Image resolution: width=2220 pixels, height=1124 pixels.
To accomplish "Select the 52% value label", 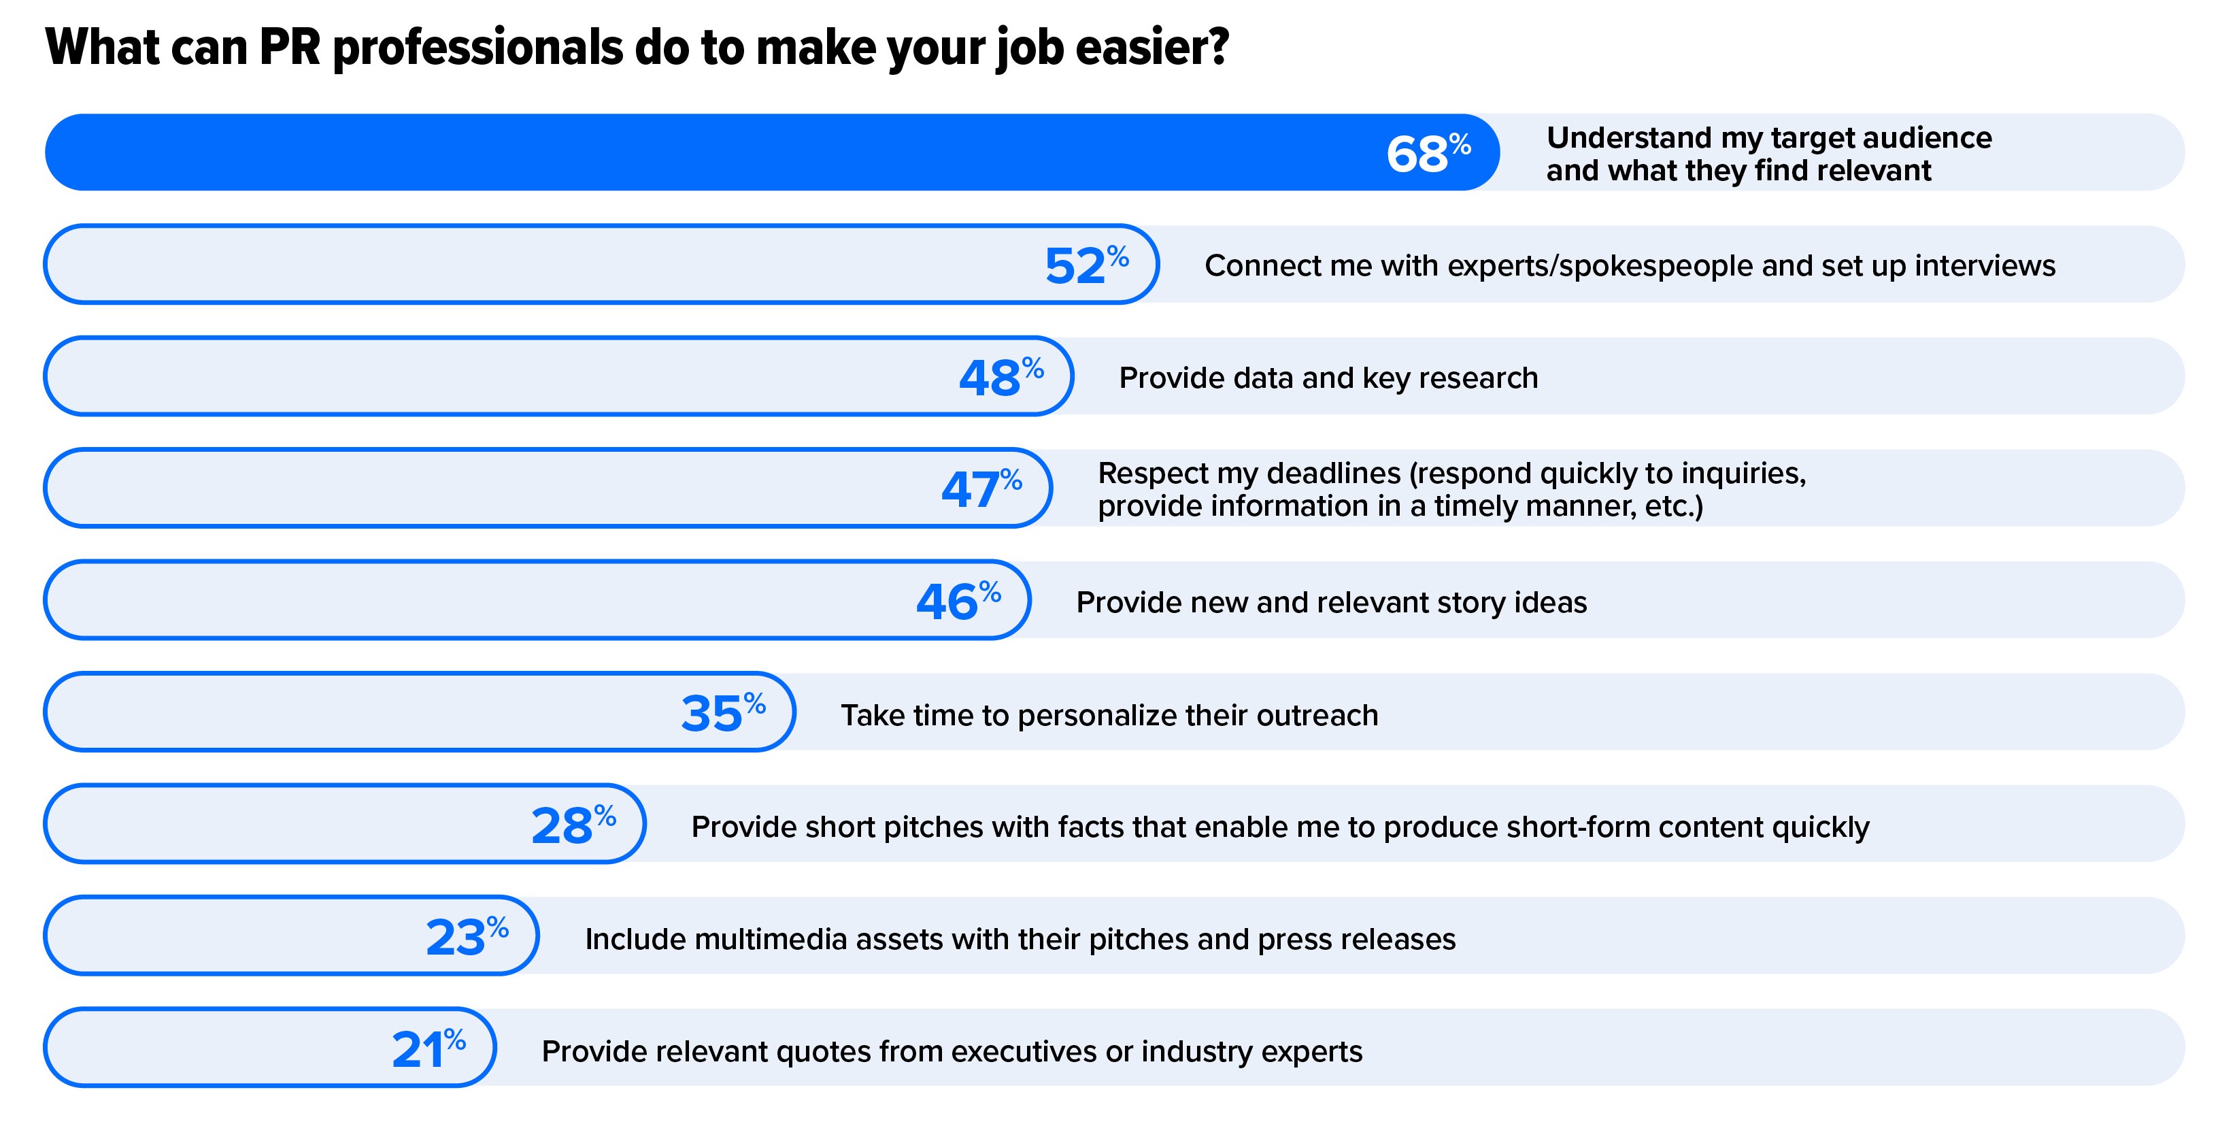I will tap(1086, 265).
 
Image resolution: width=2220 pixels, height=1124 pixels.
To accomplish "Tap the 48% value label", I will tap(1000, 378).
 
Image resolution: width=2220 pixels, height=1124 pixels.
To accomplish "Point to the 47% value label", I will tap(981, 489).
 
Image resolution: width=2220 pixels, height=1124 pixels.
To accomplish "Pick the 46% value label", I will tap(958, 601).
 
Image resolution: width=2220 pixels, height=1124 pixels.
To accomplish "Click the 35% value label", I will tap(722, 713).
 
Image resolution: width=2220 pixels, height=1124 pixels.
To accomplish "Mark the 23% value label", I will tap(466, 937).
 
